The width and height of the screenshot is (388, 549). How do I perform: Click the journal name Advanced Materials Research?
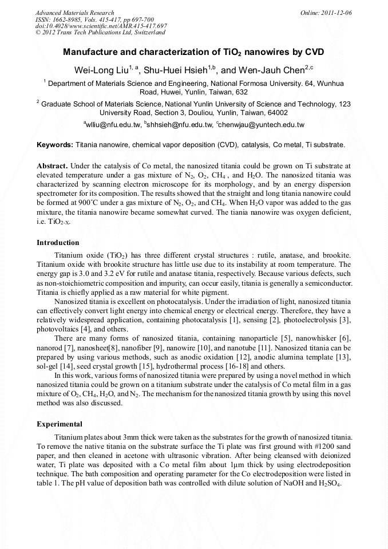click(x=74, y=13)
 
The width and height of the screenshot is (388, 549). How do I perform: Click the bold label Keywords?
click(x=55, y=145)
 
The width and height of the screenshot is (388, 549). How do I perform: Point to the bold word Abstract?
click(x=53, y=165)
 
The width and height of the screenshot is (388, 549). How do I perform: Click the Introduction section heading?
click(x=58, y=243)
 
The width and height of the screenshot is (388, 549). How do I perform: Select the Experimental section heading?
click(x=60, y=424)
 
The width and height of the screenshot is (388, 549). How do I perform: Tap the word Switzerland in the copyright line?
click(x=148, y=32)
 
